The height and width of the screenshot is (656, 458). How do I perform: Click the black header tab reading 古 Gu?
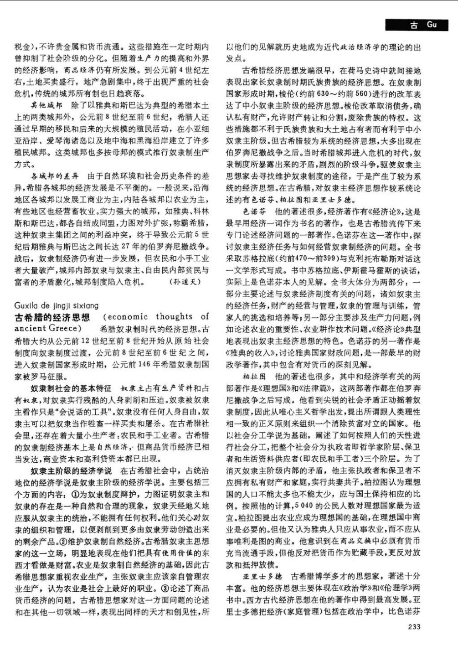(420, 25)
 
